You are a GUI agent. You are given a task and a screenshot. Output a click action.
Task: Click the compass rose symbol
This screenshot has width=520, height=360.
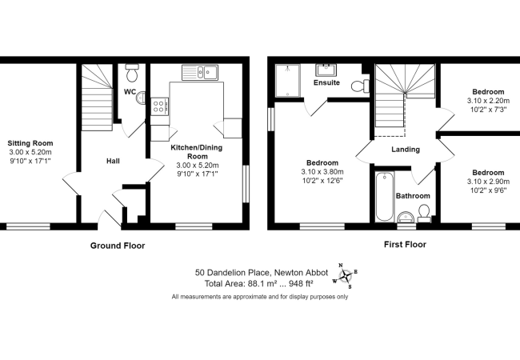click(346, 275)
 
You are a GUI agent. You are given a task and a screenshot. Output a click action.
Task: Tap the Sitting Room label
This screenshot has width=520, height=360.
click(30, 143)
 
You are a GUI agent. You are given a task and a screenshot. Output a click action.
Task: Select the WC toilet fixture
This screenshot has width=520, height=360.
click(132, 73)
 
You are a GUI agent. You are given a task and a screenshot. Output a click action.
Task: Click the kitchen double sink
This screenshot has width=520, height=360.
click(200, 72)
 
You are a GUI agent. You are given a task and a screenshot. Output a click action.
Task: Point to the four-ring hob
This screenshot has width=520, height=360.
click(160, 106)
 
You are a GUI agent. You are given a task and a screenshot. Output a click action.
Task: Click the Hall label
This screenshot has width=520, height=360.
click(113, 161)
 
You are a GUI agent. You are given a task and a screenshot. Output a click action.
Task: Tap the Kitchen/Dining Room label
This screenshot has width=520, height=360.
click(197, 152)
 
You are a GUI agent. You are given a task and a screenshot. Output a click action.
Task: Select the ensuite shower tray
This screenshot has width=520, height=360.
click(287, 80)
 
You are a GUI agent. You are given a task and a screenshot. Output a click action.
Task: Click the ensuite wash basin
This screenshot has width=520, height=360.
click(326, 70)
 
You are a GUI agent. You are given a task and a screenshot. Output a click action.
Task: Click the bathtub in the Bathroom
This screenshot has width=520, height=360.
click(385, 197)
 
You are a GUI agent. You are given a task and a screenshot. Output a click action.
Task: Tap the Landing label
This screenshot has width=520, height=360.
click(406, 150)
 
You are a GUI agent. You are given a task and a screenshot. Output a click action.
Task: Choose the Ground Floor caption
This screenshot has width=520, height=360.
click(118, 246)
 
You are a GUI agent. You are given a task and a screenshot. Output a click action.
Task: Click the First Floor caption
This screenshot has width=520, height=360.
click(405, 245)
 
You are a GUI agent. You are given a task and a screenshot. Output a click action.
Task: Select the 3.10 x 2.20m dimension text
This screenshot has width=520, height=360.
click(488, 101)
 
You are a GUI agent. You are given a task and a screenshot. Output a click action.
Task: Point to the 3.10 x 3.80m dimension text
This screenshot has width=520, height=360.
click(322, 172)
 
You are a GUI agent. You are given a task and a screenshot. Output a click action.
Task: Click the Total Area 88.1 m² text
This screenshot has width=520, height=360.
click(259, 284)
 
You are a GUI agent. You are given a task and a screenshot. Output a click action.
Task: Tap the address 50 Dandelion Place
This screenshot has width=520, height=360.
click(233, 273)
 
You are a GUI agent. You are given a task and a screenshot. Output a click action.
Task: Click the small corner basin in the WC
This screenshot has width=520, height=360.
click(141, 98)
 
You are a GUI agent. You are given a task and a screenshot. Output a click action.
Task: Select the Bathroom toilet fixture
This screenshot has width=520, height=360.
click(424, 214)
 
